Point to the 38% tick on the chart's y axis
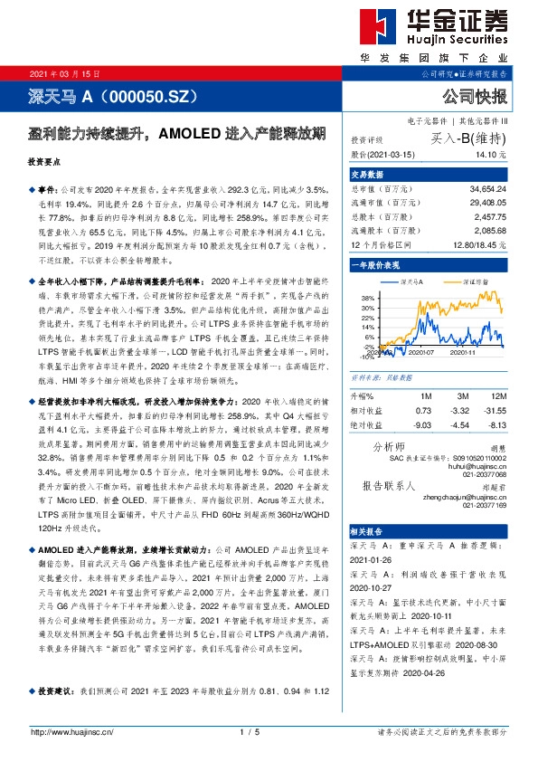pyautogui.click(x=368, y=298)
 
